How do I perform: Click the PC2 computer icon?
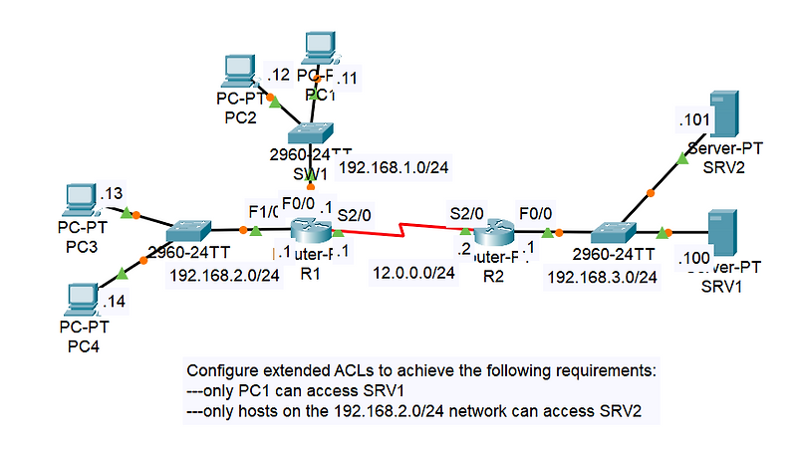click(239, 71)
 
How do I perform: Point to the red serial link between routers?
click(403, 237)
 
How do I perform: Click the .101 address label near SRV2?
click(693, 119)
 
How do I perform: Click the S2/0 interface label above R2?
click(466, 212)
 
